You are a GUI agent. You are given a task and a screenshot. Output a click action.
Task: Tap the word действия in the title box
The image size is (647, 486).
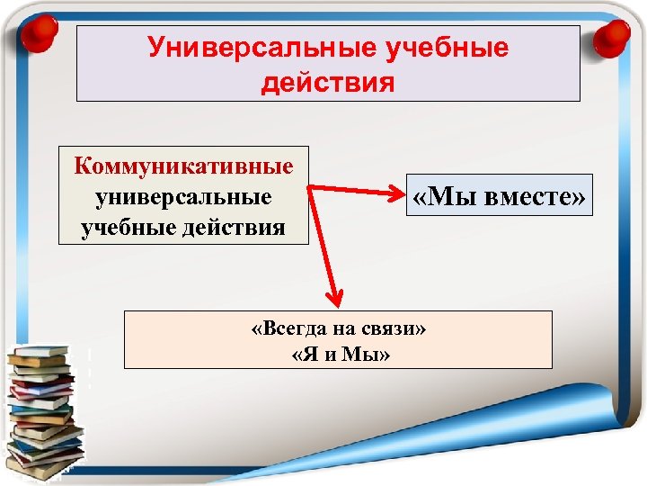pyautogui.click(x=328, y=83)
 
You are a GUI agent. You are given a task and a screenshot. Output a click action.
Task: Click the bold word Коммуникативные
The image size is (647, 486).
pyautogui.click(x=184, y=166)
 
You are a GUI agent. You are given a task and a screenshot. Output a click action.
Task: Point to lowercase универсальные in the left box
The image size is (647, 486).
pyautogui.click(x=184, y=196)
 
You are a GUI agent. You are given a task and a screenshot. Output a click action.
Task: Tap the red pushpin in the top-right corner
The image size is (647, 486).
pyautogui.click(x=615, y=34)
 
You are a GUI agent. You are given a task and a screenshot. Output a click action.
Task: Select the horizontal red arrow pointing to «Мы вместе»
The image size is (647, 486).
pyautogui.click(x=355, y=191)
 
